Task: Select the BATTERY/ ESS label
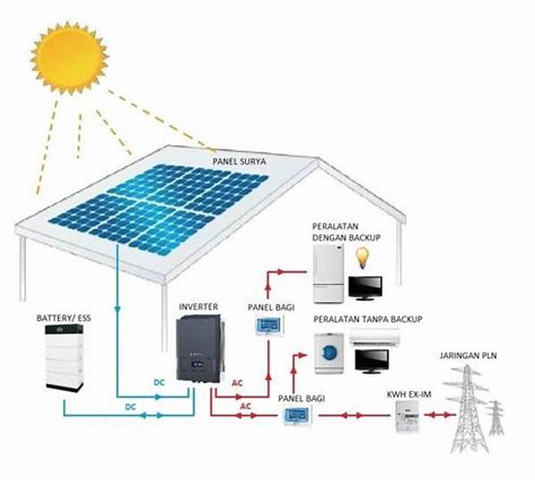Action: point(65,318)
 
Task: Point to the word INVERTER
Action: point(198,307)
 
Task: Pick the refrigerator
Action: point(327,275)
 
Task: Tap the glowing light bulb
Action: point(362,258)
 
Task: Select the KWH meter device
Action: point(405,416)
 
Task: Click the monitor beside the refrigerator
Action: point(366,288)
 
